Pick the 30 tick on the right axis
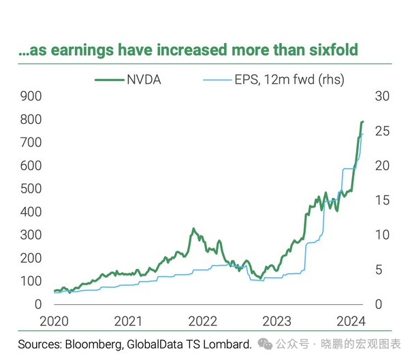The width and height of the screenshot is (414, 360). (x=383, y=97)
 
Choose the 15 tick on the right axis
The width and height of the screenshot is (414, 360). (x=383, y=200)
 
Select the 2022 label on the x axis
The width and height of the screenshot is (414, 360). (x=202, y=321)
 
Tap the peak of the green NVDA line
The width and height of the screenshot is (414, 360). (x=362, y=122)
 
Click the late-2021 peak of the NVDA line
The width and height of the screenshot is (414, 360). (x=193, y=229)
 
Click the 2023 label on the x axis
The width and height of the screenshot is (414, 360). (x=276, y=321)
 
